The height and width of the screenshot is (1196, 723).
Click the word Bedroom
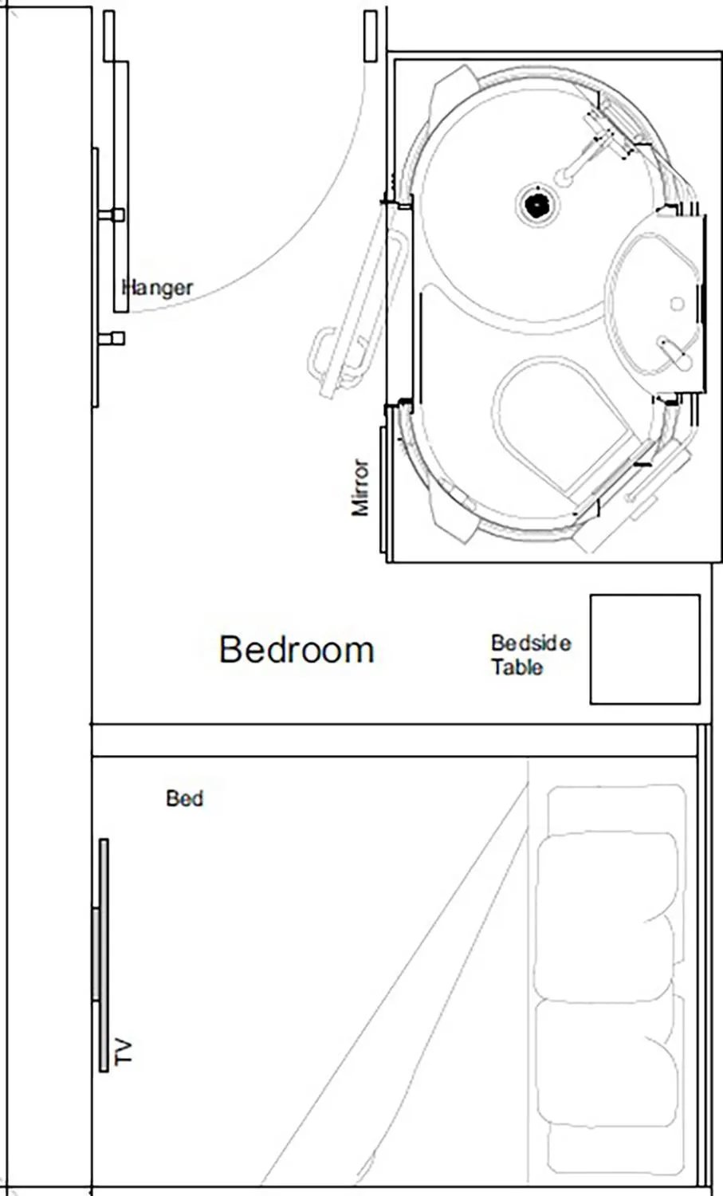tap(297, 650)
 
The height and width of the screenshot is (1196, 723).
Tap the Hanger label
tap(158, 287)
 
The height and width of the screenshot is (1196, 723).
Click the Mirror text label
tap(360, 487)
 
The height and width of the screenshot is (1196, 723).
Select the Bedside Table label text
tap(530, 655)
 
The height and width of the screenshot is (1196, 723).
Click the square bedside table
tap(644, 649)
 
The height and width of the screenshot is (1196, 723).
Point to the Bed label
tap(184, 798)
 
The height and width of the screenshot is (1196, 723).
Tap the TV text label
tap(124, 1052)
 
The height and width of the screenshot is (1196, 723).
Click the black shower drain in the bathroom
tap(537, 204)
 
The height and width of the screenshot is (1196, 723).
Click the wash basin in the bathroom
tap(654, 303)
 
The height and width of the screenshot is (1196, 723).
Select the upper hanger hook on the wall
tap(112, 215)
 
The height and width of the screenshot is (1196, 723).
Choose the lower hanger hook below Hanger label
tap(112, 339)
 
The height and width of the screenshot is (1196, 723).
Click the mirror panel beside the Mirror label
tap(383, 490)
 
